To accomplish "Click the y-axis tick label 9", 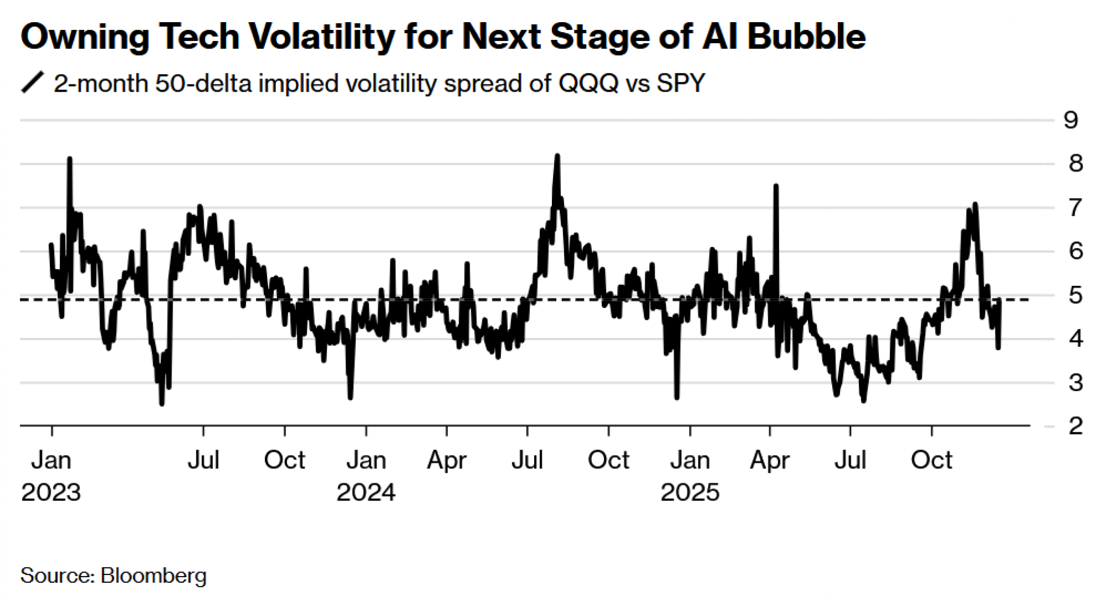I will (x=1071, y=120).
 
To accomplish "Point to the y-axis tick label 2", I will (x=1076, y=426).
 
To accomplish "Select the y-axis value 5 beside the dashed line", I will (x=1076, y=295).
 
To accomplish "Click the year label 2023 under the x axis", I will (x=51, y=492).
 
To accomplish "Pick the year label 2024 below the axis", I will (x=366, y=492).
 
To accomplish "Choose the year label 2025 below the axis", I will (x=690, y=492).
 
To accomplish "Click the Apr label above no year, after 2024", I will (x=447, y=460).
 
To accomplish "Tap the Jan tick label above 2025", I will (x=690, y=460).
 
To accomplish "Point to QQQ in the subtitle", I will (x=588, y=83).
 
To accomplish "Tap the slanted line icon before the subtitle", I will (x=32, y=83).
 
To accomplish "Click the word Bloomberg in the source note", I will (x=154, y=576).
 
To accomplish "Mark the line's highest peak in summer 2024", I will (x=557, y=156).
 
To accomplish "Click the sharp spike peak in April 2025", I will (x=776, y=186).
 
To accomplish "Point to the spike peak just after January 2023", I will (x=70, y=159).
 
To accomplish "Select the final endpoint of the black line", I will (x=999, y=348).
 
